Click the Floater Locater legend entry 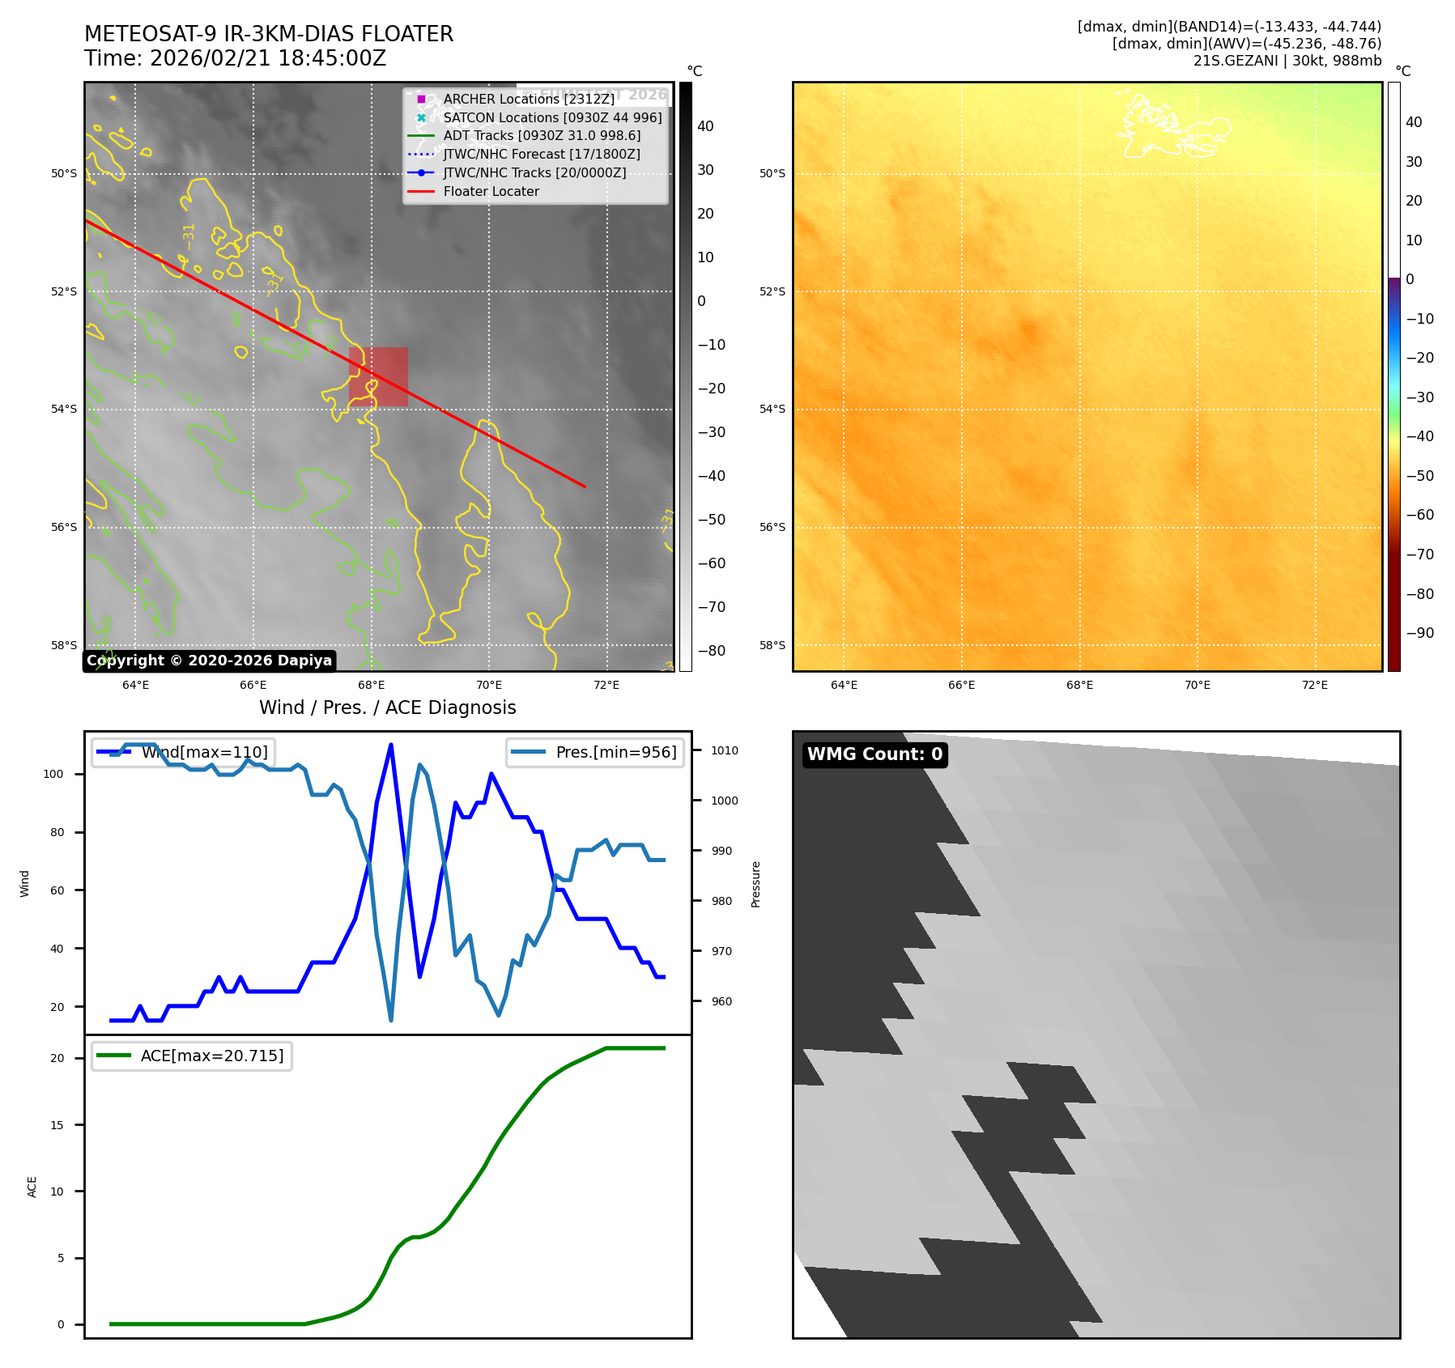coord(491,192)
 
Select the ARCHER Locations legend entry coord(528,100)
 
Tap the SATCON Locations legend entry coord(551,118)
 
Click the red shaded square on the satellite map coord(378,376)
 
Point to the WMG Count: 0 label coord(874,754)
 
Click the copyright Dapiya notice coord(209,661)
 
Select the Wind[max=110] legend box coord(183,753)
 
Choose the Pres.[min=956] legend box coord(595,753)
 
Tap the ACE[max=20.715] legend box coord(192,1056)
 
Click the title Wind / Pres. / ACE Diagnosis coord(387,707)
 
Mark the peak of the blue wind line coord(391,745)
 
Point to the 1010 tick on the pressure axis coord(724,750)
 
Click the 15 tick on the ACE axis coord(57,1125)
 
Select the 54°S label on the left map coord(64,410)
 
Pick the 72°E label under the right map coord(1314,686)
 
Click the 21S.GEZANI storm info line coord(1287,61)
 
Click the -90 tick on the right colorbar coord(1419,633)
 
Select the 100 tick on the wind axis coord(53,775)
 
